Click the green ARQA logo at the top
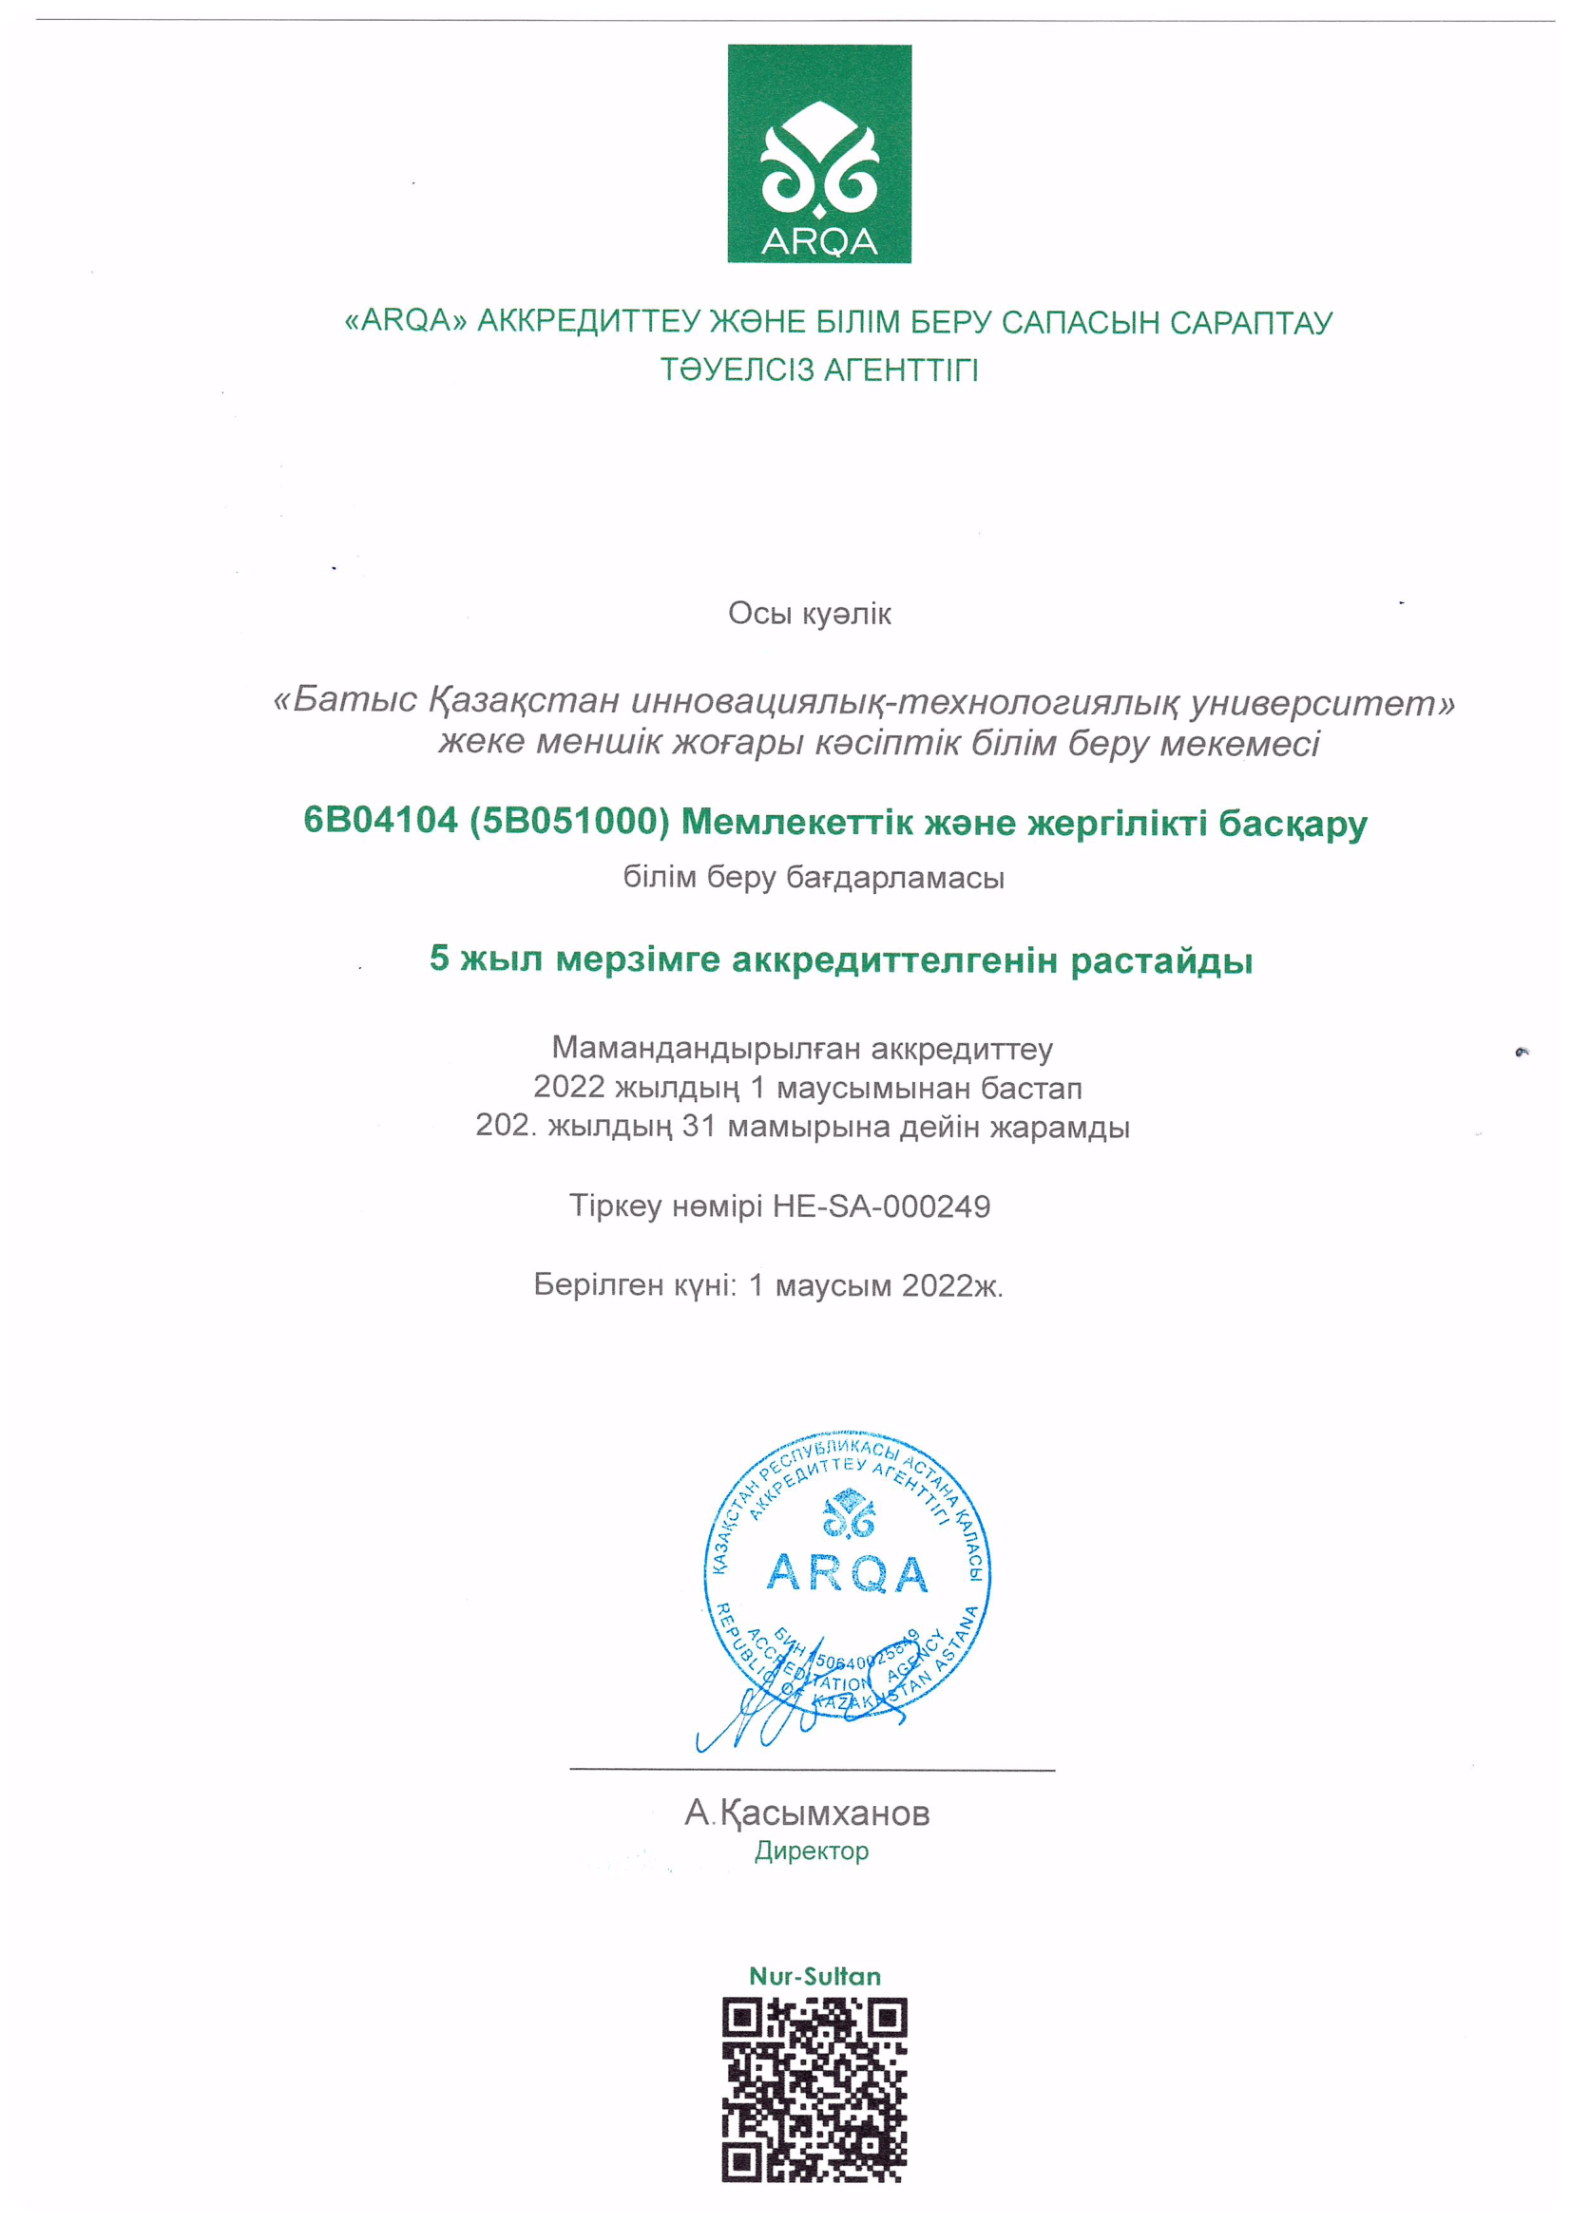point(819,153)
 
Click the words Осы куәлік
point(809,614)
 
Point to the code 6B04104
point(380,821)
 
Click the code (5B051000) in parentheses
point(569,821)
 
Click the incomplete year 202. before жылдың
point(504,1126)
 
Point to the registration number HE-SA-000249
point(881,1206)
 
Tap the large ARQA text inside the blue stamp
point(847,1572)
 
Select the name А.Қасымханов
point(807,1813)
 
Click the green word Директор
point(811,1851)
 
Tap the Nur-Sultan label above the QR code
point(815,1976)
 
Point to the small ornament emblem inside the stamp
point(848,1514)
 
